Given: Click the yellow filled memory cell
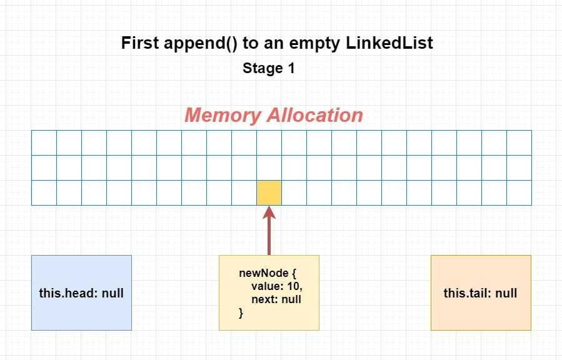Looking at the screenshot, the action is (269, 192).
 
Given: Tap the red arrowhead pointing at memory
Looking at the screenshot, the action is (269, 212).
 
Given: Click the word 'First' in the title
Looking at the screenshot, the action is (140, 43).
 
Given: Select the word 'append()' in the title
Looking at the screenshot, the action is (200, 44).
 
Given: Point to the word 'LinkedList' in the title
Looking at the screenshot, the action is (389, 43).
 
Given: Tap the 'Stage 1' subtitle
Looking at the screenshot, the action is (269, 68).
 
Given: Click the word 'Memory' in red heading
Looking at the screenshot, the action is (223, 116).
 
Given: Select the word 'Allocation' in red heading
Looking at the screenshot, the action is (314, 115).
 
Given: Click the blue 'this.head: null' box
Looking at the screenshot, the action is (82, 292).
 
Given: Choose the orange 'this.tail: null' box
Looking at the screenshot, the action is (481, 292).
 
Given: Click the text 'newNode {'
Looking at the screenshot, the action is (268, 273).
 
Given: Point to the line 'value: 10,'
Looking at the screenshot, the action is (277, 287).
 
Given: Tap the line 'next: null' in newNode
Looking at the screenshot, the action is (276, 299).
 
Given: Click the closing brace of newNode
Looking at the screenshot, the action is (241, 313).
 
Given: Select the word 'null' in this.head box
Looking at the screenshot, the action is (113, 293).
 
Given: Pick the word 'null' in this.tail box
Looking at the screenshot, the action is (506, 293).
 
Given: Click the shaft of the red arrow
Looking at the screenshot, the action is (269, 237).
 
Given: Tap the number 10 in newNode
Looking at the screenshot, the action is (294, 287).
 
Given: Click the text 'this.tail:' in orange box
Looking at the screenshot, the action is (468, 293).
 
